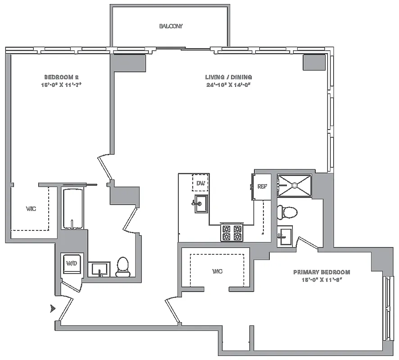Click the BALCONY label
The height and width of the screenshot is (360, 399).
click(171, 26)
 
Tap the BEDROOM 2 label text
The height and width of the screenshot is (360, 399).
click(62, 77)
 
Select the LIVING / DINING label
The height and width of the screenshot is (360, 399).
click(228, 77)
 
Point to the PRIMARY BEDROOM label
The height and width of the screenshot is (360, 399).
click(321, 272)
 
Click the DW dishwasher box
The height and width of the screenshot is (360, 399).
click(200, 183)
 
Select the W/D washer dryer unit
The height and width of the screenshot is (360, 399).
click(71, 263)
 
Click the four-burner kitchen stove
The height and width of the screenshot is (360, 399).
click(231, 232)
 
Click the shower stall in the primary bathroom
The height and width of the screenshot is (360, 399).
click(294, 184)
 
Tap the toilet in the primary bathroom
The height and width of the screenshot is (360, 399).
click(287, 211)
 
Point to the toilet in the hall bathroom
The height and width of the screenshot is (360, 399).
click(122, 267)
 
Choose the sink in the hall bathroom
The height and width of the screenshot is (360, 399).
click(99, 269)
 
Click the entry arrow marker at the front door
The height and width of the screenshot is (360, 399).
click(53, 309)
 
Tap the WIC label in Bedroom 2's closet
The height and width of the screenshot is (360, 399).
click(31, 209)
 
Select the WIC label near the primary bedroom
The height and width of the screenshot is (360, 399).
click(217, 271)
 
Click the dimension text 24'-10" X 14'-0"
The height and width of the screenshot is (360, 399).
click(228, 85)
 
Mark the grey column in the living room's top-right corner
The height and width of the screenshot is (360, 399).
click(313, 62)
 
